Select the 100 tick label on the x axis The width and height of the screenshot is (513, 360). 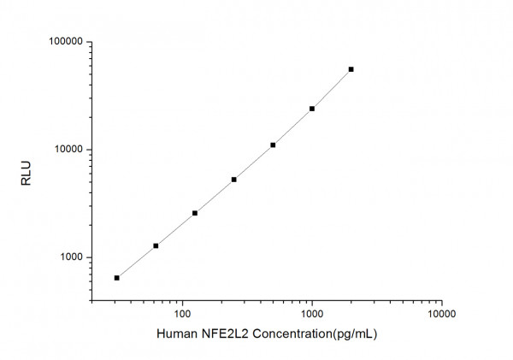point(181,314)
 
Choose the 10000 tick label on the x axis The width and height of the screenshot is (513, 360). point(441,314)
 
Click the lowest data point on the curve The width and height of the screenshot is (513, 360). point(117,278)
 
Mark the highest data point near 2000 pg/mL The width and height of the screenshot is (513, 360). point(351,69)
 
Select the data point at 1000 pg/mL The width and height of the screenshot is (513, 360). point(312,109)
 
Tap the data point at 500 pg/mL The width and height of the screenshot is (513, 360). point(273,145)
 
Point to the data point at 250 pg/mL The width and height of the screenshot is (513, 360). point(234,180)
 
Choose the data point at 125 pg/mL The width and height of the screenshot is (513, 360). point(195,213)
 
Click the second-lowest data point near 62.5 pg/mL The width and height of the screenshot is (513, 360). point(156,246)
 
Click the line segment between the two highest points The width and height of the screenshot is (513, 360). point(332,89)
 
